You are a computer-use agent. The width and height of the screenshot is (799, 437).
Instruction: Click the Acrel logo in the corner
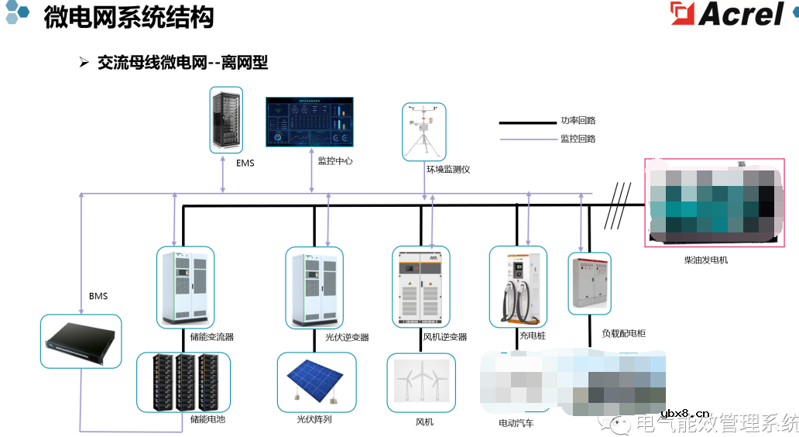coord(727,15)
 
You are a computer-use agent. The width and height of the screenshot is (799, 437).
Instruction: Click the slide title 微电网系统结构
coord(129,17)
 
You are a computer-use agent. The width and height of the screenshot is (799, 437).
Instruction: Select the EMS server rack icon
coord(226,120)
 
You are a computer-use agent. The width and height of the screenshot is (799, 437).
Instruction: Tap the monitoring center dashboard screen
coord(309,122)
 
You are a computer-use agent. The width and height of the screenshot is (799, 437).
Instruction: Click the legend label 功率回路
coord(578,121)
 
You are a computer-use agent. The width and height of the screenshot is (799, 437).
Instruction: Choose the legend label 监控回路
coord(578,139)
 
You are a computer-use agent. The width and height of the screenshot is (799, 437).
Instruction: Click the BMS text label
coord(98,296)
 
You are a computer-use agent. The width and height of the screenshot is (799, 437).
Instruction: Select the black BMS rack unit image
coord(81,341)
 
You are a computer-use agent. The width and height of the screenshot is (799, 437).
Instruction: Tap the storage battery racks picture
coord(183,382)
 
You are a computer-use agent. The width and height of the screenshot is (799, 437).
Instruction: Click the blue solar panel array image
coord(317,382)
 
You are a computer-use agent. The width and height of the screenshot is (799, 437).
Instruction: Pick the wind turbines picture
coord(421,383)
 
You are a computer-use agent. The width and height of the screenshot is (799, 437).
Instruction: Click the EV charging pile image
coord(518,287)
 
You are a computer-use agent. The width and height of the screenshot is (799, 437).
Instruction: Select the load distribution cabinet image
coord(589,283)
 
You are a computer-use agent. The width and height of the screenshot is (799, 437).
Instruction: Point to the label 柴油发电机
coord(705,260)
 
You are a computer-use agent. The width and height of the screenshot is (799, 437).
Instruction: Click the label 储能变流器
coord(211,337)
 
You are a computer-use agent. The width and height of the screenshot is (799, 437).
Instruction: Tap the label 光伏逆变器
coord(347,337)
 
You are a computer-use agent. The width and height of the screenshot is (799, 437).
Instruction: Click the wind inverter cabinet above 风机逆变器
coord(421,287)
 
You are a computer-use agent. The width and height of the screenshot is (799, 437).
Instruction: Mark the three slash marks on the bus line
coord(616,205)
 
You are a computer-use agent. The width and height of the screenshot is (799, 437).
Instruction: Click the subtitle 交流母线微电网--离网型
coord(182,64)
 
